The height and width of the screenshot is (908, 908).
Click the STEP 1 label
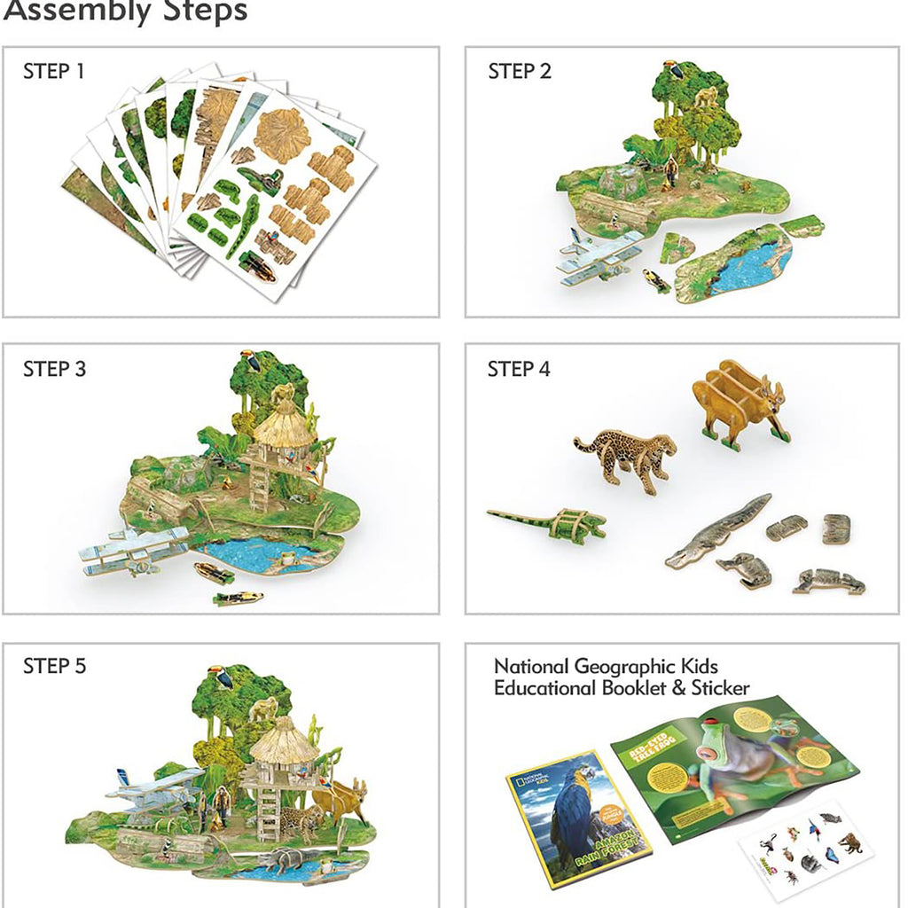53,72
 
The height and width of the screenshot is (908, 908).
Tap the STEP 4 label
519,370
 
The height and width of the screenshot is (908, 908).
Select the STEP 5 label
54,666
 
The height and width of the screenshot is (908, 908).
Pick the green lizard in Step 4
550,523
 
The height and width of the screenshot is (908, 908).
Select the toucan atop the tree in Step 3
251,360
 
